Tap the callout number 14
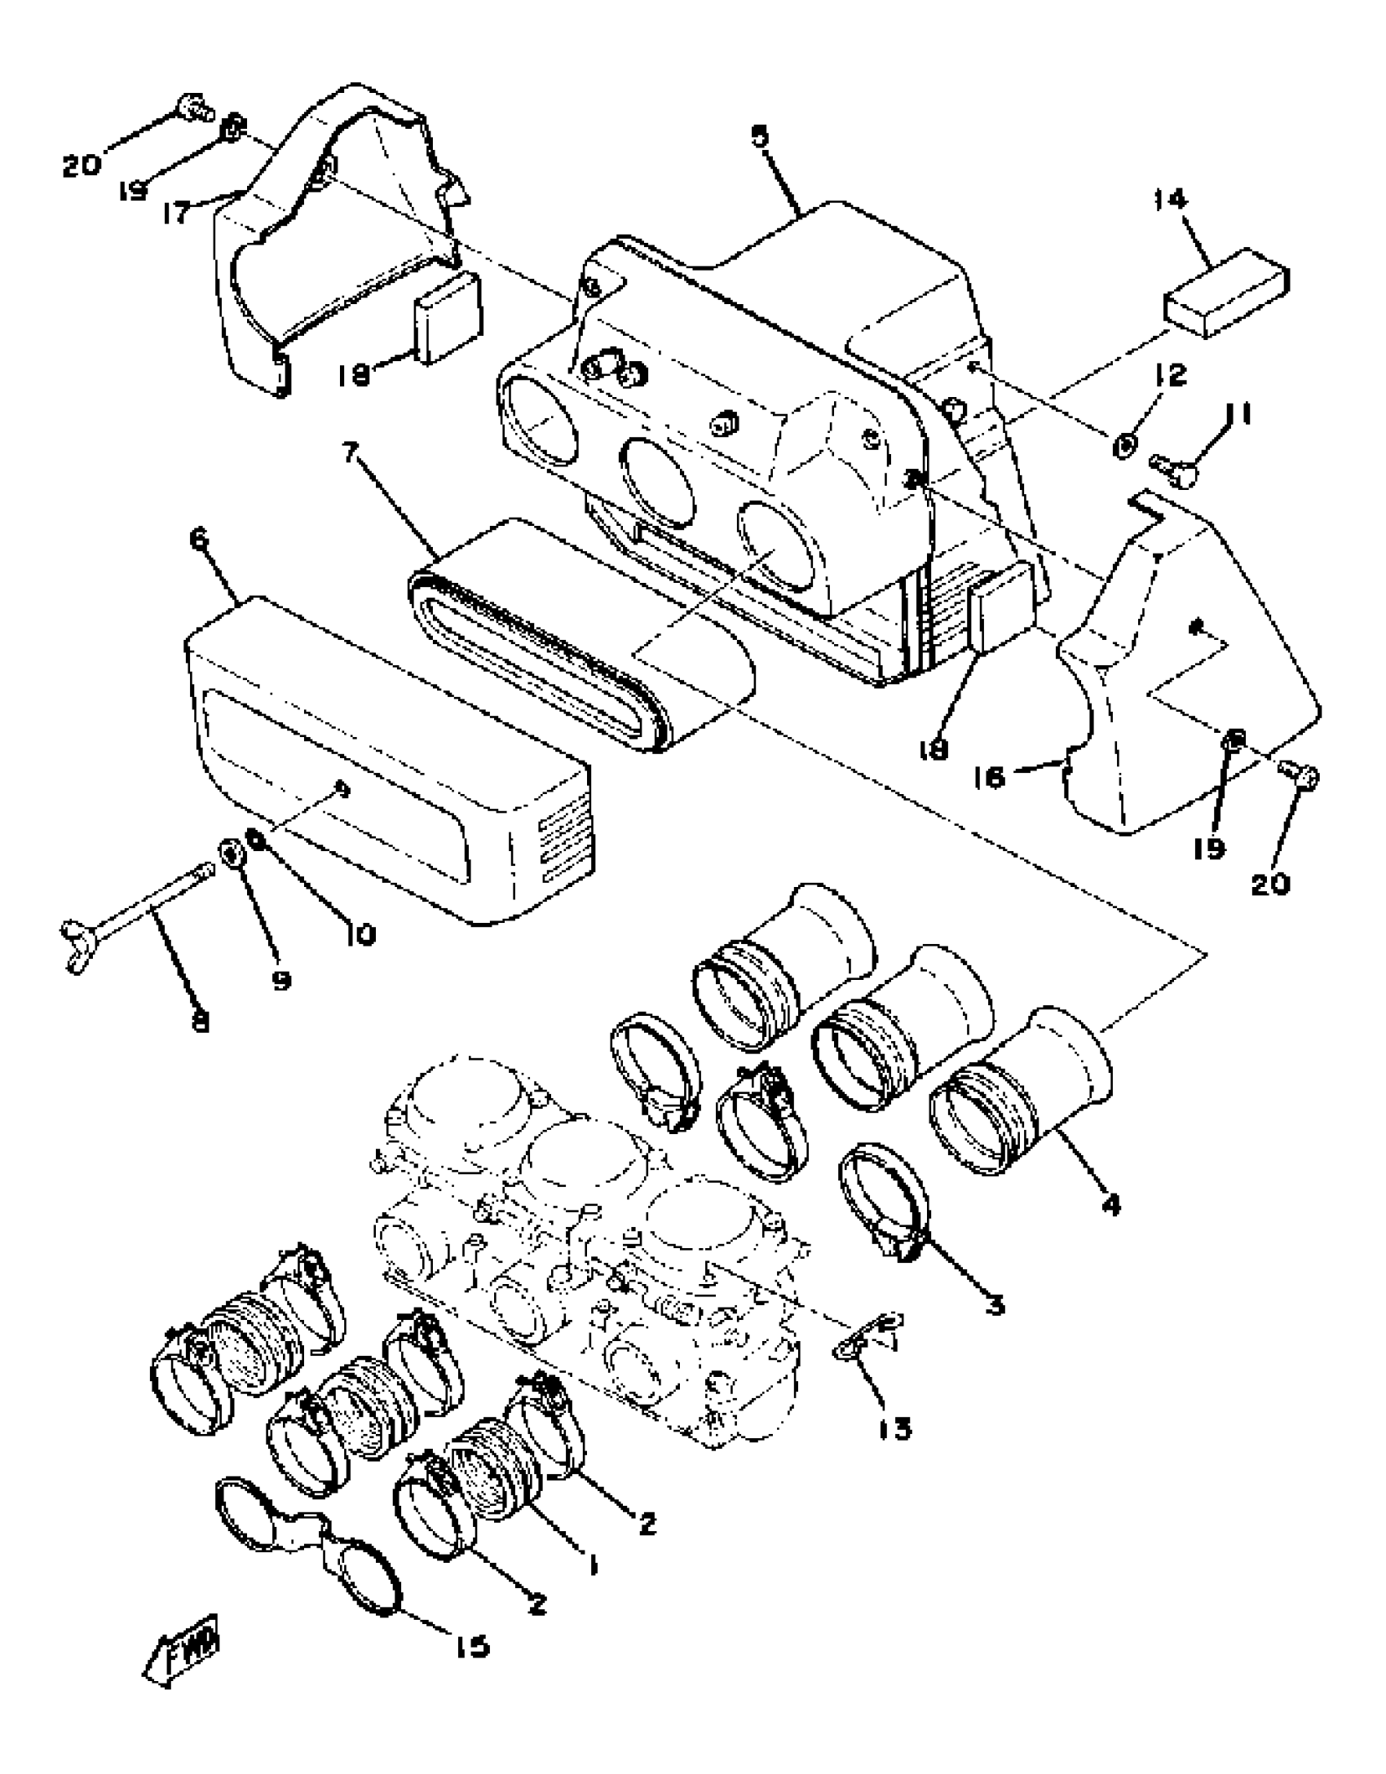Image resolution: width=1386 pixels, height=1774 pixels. pyautogui.click(x=1171, y=200)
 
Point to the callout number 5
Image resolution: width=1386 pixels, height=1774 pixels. pyautogui.click(x=760, y=136)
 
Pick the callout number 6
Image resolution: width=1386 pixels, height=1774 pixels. pyautogui.click(x=200, y=541)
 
